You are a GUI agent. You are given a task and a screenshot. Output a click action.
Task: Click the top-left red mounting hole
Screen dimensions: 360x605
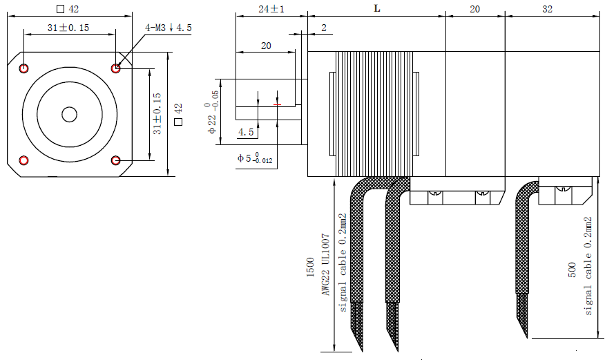pyautogui.click(x=24, y=68)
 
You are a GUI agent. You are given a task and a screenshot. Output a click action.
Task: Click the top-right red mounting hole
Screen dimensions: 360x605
pyautogui.click(x=115, y=68)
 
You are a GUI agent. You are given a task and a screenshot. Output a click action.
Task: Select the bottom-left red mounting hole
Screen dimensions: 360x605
pyautogui.click(x=24, y=160)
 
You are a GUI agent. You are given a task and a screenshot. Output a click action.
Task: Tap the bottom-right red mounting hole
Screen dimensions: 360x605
pyautogui.click(x=115, y=160)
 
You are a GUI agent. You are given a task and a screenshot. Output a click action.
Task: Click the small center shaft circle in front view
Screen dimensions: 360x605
pyautogui.click(x=69, y=114)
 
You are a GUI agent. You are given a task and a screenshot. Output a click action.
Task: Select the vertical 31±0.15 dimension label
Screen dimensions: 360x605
pyautogui.click(x=157, y=114)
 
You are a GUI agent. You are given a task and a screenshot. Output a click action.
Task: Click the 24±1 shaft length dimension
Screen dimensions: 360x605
pyautogui.click(x=271, y=8)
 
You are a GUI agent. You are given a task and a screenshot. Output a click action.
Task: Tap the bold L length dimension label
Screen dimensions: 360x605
pyautogui.click(x=376, y=8)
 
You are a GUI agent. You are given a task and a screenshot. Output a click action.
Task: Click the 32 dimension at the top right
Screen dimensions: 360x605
pyautogui.click(x=548, y=8)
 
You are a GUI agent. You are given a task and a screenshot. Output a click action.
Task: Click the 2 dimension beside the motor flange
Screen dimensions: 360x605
pyautogui.click(x=323, y=27)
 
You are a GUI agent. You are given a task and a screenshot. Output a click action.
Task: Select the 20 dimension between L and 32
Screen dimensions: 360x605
pyautogui.click(x=474, y=8)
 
